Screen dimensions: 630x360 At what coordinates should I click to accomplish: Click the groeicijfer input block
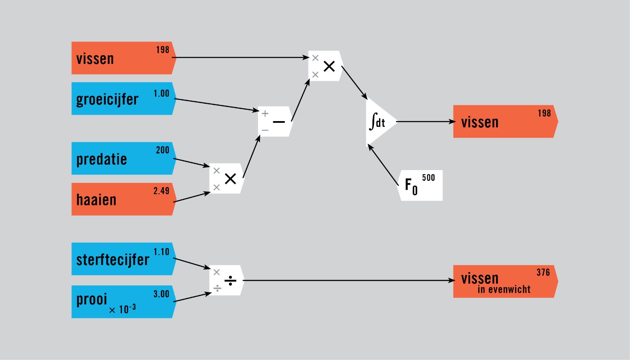pos(124,98)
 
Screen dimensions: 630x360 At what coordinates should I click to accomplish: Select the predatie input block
pos(124,158)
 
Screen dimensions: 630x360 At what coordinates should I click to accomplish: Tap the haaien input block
pos(124,199)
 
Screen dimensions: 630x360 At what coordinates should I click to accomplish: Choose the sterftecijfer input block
pos(124,259)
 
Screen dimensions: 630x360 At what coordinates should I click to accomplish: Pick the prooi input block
pos(124,302)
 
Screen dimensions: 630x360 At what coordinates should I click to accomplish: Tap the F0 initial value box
pos(420,185)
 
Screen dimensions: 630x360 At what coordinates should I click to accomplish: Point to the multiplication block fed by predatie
pos(227,178)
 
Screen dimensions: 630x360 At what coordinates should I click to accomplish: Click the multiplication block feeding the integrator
pos(326,66)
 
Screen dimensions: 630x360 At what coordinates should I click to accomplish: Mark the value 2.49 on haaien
pos(161,191)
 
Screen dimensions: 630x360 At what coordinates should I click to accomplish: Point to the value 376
pos(543,272)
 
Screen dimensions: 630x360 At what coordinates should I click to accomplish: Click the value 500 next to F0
pos(428,178)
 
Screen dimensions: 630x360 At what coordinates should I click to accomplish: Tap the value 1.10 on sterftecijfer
pos(161,252)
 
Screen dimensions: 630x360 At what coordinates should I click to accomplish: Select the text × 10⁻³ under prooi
pos(122,309)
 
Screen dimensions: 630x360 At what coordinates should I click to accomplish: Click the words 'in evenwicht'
pos(504,289)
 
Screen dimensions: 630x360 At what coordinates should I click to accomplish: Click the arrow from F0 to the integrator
pos(383,165)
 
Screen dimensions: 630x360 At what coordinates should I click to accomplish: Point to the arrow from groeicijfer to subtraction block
pos(216,105)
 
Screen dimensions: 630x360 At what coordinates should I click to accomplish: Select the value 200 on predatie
pos(163,150)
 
